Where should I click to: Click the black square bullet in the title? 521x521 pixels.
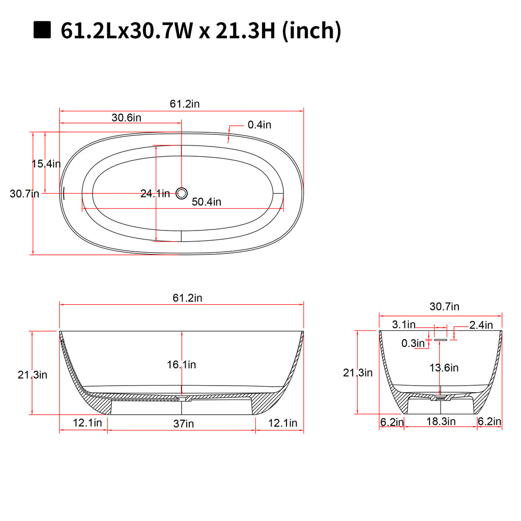click(x=42, y=30)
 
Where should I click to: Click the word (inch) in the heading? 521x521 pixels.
click(x=312, y=31)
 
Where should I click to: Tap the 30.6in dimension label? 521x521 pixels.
click(x=126, y=118)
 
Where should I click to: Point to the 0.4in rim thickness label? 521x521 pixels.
click(x=259, y=125)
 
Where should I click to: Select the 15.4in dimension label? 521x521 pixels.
click(x=46, y=163)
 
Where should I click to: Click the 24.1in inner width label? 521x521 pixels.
click(x=155, y=193)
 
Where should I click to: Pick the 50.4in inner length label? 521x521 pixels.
click(x=207, y=201)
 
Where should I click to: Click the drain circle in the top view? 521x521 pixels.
click(x=182, y=193)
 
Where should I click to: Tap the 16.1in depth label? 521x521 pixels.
click(x=182, y=364)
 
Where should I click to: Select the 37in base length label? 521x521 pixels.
click(x=183, y=424)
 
